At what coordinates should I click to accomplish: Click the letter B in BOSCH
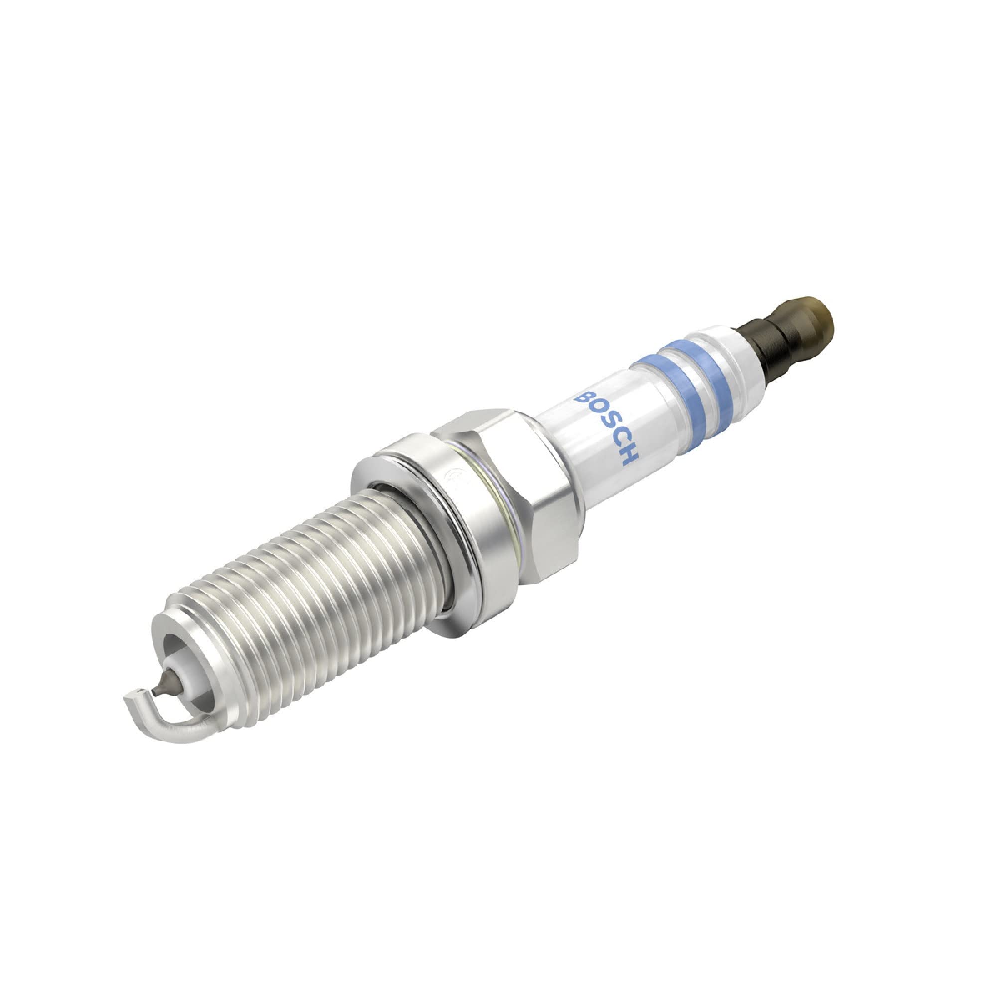click(584, 399)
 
